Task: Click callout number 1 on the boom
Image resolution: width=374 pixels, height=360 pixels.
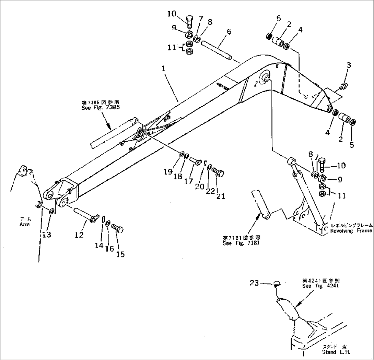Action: point(164,68)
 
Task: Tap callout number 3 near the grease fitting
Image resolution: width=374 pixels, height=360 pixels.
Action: point(348,65)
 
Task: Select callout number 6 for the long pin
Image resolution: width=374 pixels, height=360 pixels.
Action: point(229,32)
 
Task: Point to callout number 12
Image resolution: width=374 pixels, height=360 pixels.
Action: point(79,235)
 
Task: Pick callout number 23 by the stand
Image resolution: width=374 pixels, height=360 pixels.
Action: point(255,283)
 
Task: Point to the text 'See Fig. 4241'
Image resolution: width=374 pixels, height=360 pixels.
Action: point(320,286)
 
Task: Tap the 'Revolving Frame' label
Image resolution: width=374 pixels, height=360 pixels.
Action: point(351,231)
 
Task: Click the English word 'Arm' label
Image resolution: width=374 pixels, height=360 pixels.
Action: point(25,225)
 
